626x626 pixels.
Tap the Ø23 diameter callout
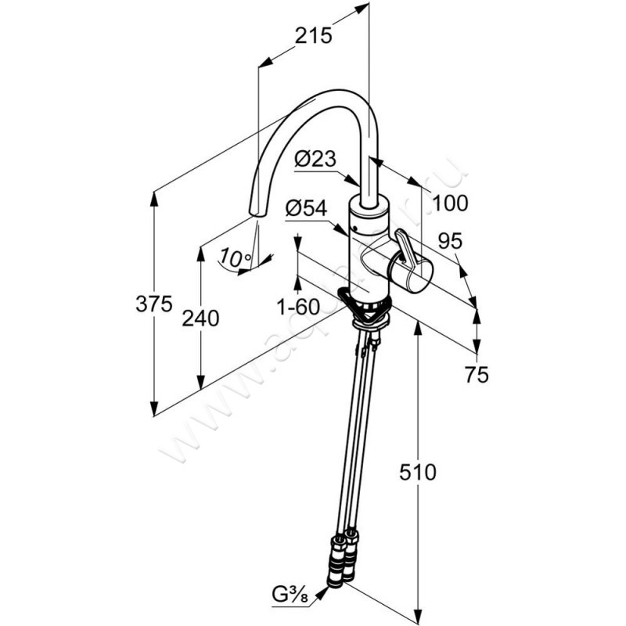[315, 160]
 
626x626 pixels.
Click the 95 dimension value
[449, 242]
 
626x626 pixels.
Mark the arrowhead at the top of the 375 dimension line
[154, 194]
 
